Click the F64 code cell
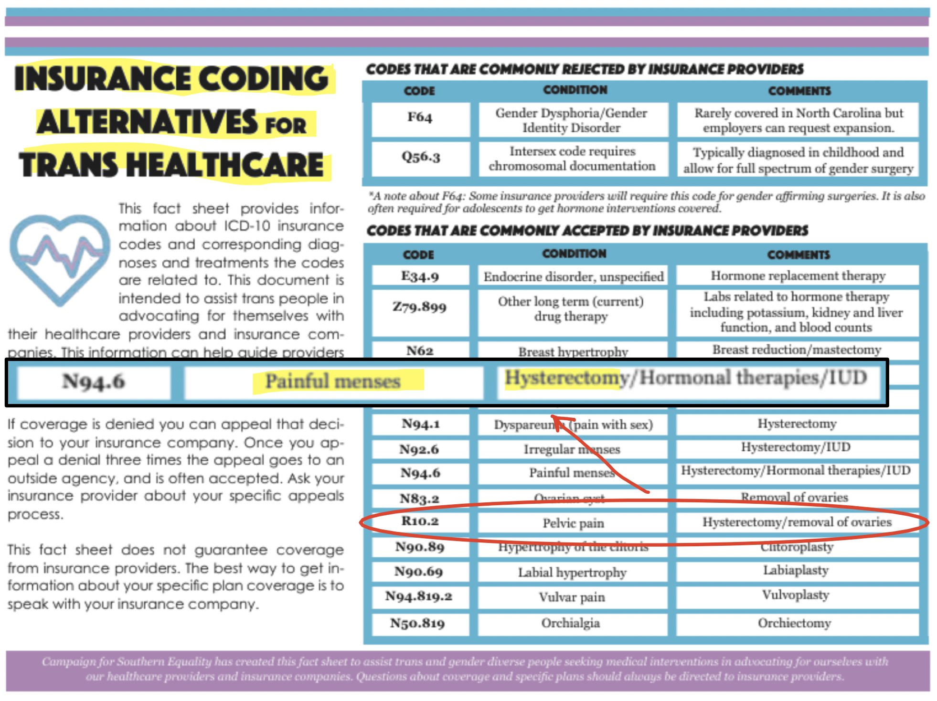coord(420,117)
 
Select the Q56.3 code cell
coord(421,157)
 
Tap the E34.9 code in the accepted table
coord(420,276)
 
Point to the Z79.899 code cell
coord(420,307)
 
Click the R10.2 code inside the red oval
coord(420,521)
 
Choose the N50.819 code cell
coord(418,623)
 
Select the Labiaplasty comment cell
coord(796,571)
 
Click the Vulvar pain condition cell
coord(572,597)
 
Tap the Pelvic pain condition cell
coord(573,523)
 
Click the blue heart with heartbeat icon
coord(60,258)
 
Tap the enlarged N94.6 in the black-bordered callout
coord(94,382)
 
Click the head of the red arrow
coord(554,417)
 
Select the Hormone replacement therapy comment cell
coord(798,276)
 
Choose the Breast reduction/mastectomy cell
coord(797,350)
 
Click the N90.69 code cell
coord(419,572)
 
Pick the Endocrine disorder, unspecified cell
coord(573,277)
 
